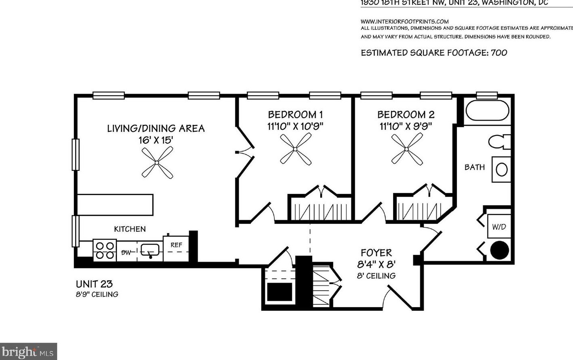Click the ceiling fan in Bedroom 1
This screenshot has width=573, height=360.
tap(296, 149)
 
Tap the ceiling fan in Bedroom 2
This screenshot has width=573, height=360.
tap(407, 149)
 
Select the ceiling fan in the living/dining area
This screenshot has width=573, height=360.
tap(157, 162)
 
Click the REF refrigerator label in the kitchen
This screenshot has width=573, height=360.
tap(176, 245)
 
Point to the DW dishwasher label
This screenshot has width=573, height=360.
tap(127, 252)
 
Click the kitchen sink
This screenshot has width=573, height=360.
tap(150, 250)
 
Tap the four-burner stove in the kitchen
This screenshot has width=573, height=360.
tap(105, 250)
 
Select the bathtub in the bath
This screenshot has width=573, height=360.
tap(487, 110)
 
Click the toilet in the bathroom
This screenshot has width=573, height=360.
tap(499, 142)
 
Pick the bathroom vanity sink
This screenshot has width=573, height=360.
tap(501, 169)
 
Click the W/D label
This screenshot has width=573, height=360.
tap(499, 227)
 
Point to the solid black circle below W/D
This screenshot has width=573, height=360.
tap(499, 250)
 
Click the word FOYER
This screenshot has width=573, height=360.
tap(376, 253)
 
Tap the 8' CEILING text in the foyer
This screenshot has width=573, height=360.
tap(376, 276)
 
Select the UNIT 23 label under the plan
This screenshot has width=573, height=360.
tap(94, 284)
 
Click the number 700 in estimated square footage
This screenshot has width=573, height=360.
tap(499, 52)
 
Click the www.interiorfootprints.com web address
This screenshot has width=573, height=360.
tap(404, 21)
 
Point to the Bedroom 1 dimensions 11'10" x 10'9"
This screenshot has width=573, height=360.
tap(295, 126)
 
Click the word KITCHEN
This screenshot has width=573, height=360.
tap(130, 229)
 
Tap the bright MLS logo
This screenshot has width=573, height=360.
tap(28, 352)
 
